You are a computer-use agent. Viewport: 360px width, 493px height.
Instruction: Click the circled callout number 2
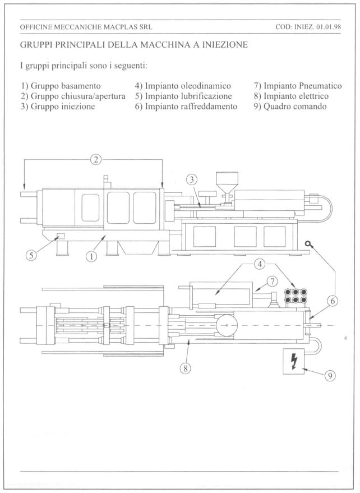(x=96, y=159)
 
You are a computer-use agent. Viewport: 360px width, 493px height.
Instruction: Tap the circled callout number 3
(x=192, y=179)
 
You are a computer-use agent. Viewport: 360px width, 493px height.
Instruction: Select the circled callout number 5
(x=33, y=255)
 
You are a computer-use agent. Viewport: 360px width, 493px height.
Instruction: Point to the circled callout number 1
(x=91, y=256)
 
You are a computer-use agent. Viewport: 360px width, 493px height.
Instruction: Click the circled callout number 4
(x=259, y=264)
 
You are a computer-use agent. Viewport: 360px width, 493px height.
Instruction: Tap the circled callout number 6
(x=333, y=301)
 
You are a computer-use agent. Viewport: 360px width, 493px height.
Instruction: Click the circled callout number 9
(x=330, y=377)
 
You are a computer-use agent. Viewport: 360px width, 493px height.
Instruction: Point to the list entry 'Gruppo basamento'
(x=61, y=86)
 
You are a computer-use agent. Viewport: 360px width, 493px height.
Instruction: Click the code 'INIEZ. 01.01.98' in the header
(x=319, y=26)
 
